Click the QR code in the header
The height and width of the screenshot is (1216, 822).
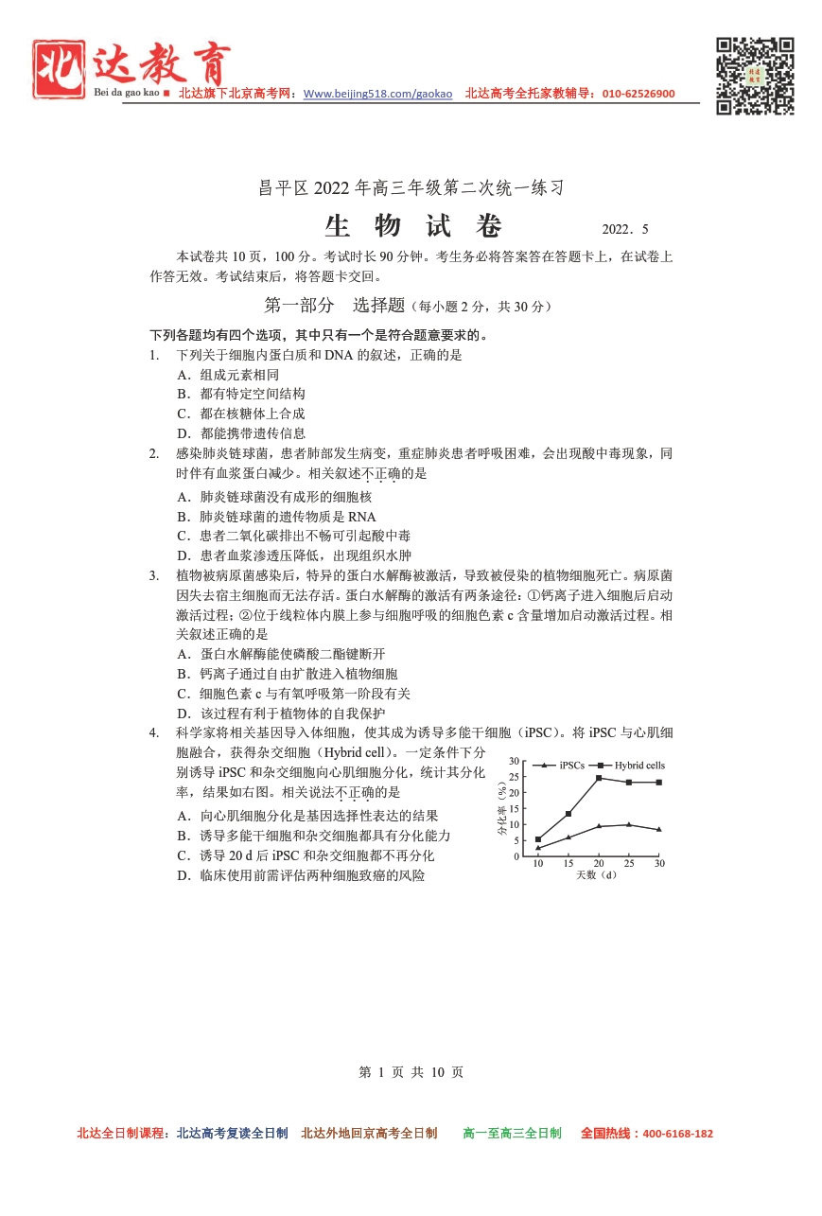pos(754,76)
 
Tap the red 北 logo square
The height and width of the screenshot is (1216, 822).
pos(59,68)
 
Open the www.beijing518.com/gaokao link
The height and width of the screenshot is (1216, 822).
pos(377,94)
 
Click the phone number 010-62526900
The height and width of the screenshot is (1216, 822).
pos(638,94)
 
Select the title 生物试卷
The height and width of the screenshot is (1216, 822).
pos(413,227)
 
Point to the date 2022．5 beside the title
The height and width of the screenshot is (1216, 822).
pos(624,230)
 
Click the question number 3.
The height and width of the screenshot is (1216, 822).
pos(153,575)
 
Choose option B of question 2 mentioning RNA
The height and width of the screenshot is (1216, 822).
pos(276,517)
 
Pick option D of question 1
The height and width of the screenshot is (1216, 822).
pos(241,433)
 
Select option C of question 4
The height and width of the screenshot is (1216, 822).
pos(306,855)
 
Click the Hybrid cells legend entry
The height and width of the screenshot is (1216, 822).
pos(632,765)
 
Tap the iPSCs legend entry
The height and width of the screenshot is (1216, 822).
pos(564,765)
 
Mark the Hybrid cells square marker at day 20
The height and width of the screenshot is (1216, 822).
pos(599,778)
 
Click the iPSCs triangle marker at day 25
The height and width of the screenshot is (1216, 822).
pos(629,824)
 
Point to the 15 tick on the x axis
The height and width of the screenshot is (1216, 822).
pos(568,863)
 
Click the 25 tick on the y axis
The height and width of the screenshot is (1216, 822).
pos(514,777)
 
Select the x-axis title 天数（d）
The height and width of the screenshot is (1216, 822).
pos(597,875)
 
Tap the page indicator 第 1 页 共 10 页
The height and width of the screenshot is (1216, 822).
pos(411,1072)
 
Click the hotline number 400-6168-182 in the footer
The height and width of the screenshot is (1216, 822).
pos(677,1134)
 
